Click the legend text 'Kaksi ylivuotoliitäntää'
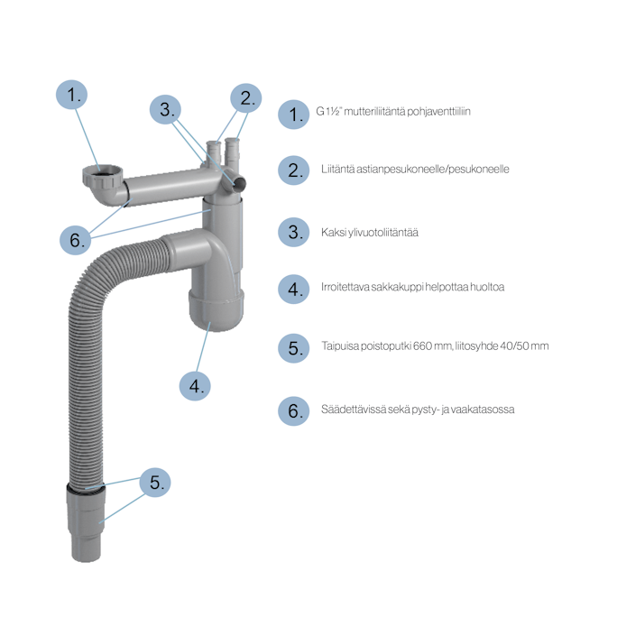370,233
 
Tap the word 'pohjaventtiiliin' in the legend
438,112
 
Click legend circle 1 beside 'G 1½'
293,115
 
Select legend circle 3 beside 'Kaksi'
293,232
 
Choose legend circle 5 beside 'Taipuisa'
293,348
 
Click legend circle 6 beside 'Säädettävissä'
293,410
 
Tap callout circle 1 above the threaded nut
71,95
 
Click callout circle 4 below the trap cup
195,386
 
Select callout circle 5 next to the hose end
155,482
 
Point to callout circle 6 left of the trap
75,240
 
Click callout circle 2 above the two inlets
246,98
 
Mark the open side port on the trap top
238,182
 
